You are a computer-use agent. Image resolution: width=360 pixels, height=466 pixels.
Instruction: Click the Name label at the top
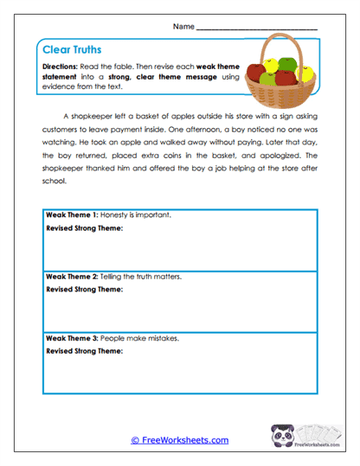tap(183, 28)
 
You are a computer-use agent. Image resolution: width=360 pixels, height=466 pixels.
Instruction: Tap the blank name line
tap(257, 30)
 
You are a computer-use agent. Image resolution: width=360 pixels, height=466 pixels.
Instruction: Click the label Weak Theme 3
tap(71, 339)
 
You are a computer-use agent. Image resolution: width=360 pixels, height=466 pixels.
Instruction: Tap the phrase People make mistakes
tap(141, 339)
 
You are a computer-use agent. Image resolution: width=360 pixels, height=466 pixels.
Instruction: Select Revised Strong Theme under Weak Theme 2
tap(83, 290)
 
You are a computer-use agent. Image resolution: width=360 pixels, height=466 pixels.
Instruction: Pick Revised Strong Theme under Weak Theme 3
tap(83, 353)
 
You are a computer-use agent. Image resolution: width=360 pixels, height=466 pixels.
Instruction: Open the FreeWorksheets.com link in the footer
tap(180, 440)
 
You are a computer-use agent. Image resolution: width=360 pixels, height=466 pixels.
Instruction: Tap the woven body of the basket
tap(277, 87)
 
